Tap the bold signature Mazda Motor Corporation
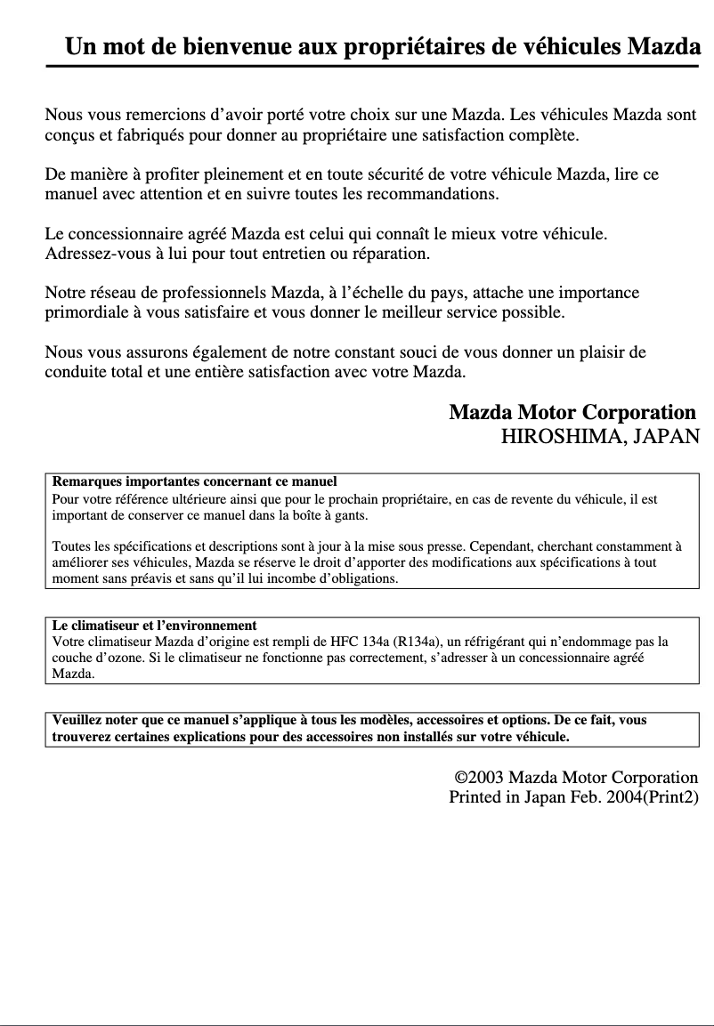click(572, 413)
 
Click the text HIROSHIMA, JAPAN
click(600, 437)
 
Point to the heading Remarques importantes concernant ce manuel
click(195, 481)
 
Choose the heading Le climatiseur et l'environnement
click(155, 626)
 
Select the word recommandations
click(430, 193)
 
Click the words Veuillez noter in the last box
click(94, 720)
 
